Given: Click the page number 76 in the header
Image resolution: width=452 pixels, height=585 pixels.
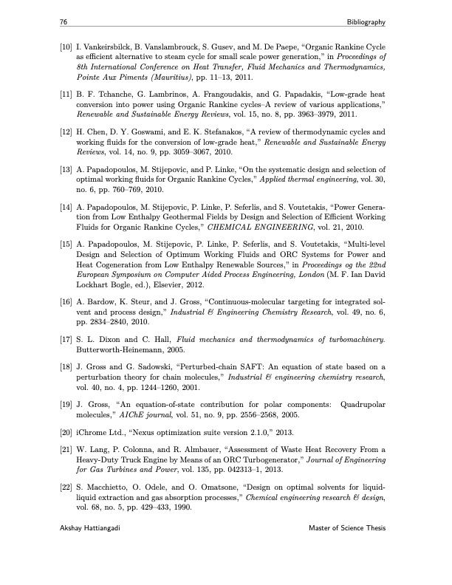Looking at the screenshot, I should point(64,23).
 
